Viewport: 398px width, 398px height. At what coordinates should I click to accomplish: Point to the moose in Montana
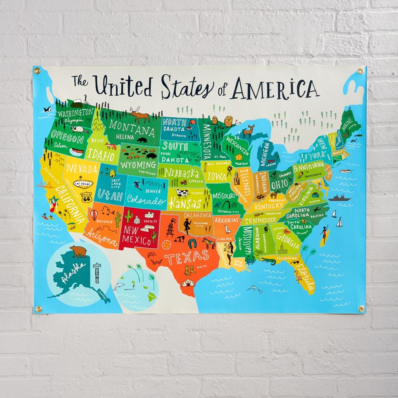point(140,116)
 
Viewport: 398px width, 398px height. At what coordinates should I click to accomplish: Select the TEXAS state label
point(186,258)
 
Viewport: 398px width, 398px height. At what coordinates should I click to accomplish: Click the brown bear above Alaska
point(78,251)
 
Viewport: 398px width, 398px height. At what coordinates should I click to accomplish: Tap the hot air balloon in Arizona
point(94,214)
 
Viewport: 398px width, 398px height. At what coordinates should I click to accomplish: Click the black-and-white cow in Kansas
point(182,194)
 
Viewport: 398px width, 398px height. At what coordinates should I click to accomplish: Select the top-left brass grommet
point(37,71)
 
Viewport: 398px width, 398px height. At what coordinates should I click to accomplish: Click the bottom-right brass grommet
point(361,308)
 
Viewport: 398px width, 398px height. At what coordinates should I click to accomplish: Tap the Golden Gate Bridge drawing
point(44,184)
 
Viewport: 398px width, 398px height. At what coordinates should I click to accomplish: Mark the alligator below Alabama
point(269,261)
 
